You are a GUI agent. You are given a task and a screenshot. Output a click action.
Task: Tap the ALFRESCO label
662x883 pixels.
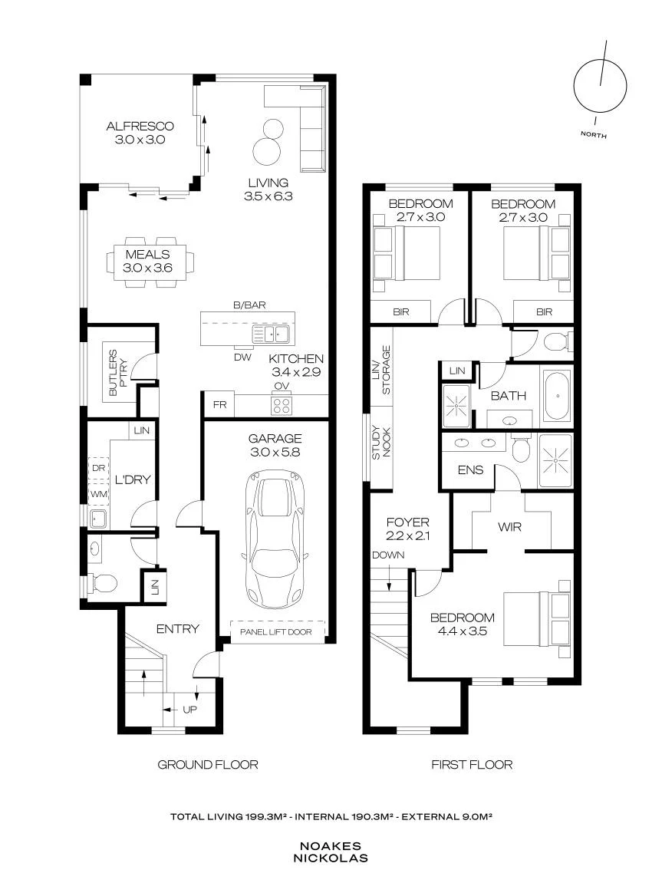click(x=140, y=126)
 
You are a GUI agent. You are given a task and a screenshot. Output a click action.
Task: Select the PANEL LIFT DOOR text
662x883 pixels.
click(x=276, y=632)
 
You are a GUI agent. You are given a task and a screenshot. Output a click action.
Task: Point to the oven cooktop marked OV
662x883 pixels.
click(x=282, y=405)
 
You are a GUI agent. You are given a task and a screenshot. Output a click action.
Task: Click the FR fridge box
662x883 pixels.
click(x=219, y=405)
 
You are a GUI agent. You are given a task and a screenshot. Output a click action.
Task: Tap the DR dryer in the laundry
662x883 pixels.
click(x=98, y=468)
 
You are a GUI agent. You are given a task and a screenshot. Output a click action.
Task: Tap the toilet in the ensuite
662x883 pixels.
click(x=520, y=449)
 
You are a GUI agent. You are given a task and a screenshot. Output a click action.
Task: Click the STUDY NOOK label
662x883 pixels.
click(x=382, y=442)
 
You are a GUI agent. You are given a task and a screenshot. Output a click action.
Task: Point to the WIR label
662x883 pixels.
click(x=509, y=527)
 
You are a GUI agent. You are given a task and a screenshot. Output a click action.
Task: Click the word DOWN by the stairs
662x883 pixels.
click(x=388, y=555)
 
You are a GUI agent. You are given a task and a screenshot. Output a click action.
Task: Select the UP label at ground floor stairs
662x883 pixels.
click(x=189, y=710)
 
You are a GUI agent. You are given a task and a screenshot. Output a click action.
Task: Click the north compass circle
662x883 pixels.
click(x=600, y=87)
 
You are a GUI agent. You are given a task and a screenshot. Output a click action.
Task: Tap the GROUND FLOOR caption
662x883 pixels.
click(x=208, y=765)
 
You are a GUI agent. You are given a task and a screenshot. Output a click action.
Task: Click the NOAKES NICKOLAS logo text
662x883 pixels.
click(x=331, y=852)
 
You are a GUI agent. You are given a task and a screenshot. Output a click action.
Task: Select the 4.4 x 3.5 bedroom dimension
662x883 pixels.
click(x=462, y=631)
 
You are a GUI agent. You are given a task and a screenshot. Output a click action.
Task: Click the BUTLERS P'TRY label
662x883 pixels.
click(x=118, y=372)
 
